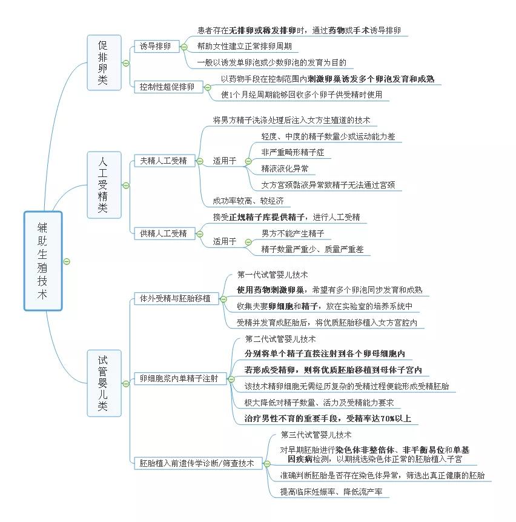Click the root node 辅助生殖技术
(43, 261)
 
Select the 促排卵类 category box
(104, 62)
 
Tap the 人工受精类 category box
(104, 184)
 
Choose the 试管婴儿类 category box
(104, 382)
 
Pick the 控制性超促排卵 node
(167, 87)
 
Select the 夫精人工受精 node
(164, 161)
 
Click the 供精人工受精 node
(164, 233)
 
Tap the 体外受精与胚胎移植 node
(175, 298)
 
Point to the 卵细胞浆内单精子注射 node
(179, 379)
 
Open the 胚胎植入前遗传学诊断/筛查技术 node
(197, 463)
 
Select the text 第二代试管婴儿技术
(280, 340)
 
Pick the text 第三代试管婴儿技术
(316, 435)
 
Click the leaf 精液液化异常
(284, 169)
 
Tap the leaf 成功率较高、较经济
(248, 201)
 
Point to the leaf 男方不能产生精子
(293, 233)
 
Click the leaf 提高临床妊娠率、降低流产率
(334, 492)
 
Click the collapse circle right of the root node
(67, 261)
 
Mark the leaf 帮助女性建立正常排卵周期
(245, 46)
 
